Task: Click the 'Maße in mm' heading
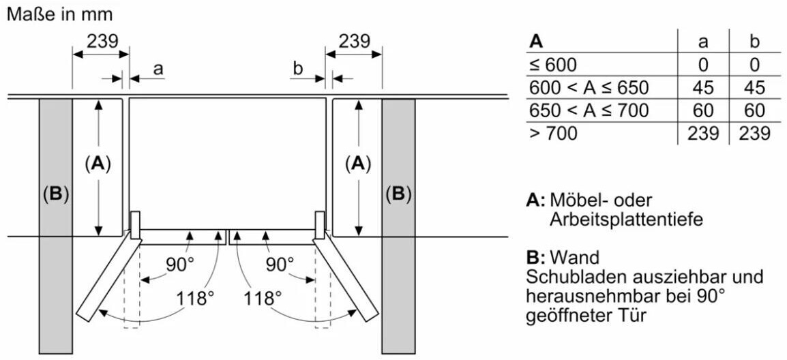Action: [x=59, y=14]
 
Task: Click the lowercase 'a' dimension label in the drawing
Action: [x=158, y=68]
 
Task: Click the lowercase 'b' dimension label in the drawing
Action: [x=297, y=68]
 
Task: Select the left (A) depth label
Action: [x=98, y=164]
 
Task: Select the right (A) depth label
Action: [x=358, y=164]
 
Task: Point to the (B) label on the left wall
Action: [x=55, y=194]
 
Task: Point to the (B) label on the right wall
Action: [x=398, y=194]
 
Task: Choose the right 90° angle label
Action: [x=278, y=264]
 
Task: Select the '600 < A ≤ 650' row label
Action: [x=589, y=88]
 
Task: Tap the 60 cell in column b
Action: [x=754, y=110]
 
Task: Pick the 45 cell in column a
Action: [x=703, y=88]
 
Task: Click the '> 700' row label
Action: [x=553, y=134]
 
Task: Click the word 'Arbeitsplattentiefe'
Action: [x=626, y=220]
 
